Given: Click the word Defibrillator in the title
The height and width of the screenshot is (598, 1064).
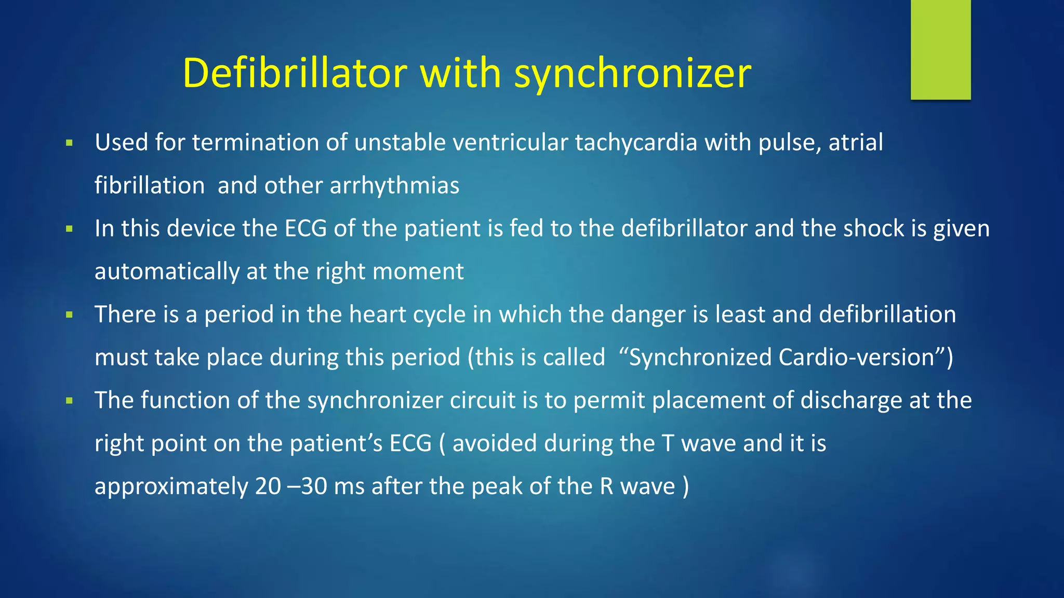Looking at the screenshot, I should [x=295, y=73].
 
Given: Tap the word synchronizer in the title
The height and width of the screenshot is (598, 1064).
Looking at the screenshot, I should [x=632, y=73].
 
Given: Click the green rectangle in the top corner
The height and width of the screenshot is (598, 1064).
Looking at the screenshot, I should [x=940, y=50].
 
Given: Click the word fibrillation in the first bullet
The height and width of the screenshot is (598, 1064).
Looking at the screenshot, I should [x=150, y=186].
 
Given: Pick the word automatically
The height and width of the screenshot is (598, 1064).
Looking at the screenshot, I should [x=167, y=271].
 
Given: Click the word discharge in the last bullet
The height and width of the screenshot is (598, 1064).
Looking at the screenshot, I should [x=851, y=401].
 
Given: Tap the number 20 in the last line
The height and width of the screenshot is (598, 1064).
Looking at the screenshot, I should [x=268, y=486].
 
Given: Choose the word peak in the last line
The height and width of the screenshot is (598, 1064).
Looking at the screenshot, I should [x=497, y=486].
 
